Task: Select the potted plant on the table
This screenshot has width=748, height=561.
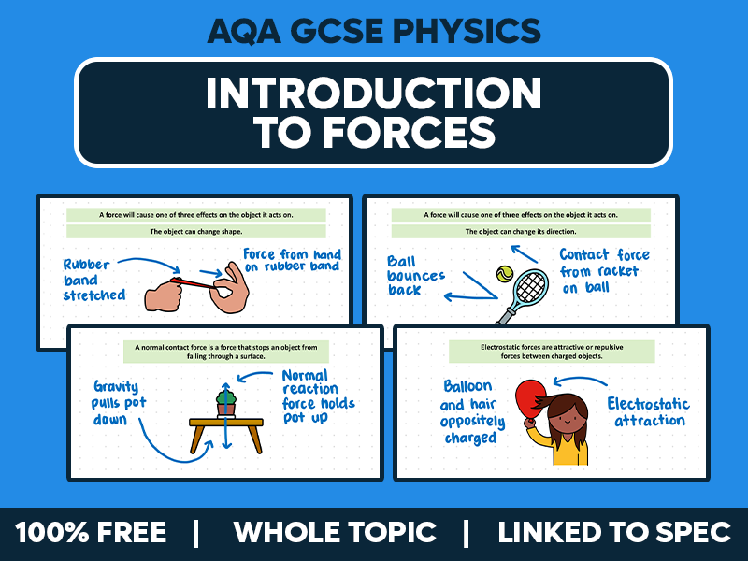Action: tap(224, 403)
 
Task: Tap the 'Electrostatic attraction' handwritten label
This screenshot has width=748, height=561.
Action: tap(649, 411)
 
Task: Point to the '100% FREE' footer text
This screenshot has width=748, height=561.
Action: tap(91, 533)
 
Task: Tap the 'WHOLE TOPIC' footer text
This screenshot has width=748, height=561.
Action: tap(335, 533)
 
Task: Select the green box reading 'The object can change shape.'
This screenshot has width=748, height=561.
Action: tap(195, 231)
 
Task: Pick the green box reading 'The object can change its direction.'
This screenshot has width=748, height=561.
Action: tap(521, 231)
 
